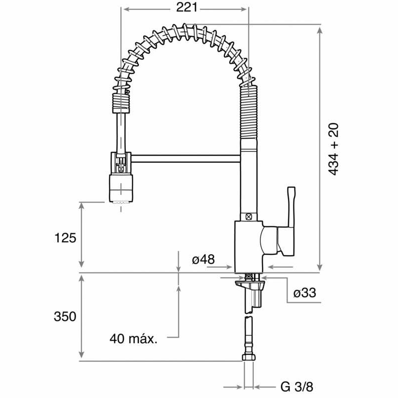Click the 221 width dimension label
click(x=186, y=7)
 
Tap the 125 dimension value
click(x=65, y=238)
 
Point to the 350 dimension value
click(x=65, y=316)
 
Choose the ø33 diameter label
click(x=304, y=294)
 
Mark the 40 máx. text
click(x=133, y=339)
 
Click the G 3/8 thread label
click(x=297, y=387)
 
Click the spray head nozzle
click(x=120, y=189)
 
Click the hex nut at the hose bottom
click(x=248, y=357)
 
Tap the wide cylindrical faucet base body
click(x=247, y=246)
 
